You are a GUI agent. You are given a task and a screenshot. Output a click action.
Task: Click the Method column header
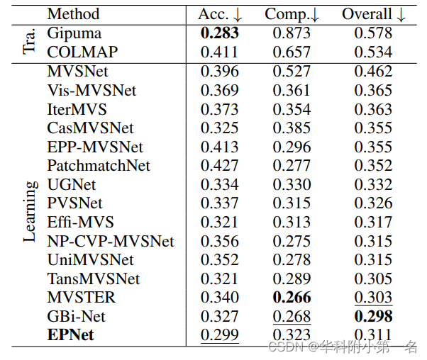(73, 13)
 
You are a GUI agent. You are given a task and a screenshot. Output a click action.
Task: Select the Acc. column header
(219, 13)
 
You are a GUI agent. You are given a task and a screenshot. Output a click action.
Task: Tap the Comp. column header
(292, 13)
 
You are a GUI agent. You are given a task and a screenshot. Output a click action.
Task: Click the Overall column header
(372, 13)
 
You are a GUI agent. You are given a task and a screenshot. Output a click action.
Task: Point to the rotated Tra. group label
(29, 43)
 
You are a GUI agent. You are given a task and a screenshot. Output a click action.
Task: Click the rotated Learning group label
(29, 211)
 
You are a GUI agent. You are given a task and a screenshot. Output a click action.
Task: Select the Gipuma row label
(74, 33)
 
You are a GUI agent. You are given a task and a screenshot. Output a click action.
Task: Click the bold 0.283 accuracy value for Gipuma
(220, 33)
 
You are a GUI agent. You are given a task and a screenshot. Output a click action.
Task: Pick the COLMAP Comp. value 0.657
(292, 52)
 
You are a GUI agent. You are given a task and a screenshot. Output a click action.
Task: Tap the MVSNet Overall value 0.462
(372, 71)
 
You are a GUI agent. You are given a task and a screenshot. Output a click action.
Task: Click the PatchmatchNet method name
(99, 166)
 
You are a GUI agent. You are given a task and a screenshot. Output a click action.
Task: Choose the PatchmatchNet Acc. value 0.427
(220, 166)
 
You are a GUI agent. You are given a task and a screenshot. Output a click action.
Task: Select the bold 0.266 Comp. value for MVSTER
(292, 298)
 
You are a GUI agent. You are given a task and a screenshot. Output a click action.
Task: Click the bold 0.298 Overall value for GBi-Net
(372, 317)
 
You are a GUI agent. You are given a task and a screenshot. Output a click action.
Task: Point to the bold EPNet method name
(70, 335)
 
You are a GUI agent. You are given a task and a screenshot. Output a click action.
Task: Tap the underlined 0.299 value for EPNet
(220, 335)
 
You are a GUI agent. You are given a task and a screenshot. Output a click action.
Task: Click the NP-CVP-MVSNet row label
(111, 241)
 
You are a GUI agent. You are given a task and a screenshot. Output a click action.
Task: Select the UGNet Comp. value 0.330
(292, 184)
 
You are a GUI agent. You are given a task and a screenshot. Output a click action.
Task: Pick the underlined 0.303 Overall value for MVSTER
(372, 298)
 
